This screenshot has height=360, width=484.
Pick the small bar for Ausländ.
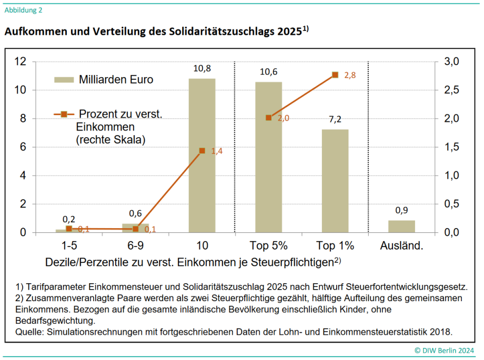pos(401,227)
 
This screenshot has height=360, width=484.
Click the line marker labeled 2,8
pos(335,75)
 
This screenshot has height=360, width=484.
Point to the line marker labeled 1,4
pos(202,151)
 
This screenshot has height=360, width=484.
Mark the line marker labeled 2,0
pos(268,118)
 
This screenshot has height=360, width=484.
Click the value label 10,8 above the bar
pos(202,69)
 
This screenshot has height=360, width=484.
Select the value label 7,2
pos(335,120)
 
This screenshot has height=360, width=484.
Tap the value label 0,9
pos(401,211)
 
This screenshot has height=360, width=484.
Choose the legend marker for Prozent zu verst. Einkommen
pos(64,114)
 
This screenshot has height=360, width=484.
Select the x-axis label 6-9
pos(135,245)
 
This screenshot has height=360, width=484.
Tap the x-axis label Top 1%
pos(335,245)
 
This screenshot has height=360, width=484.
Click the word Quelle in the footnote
pos(29,332)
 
